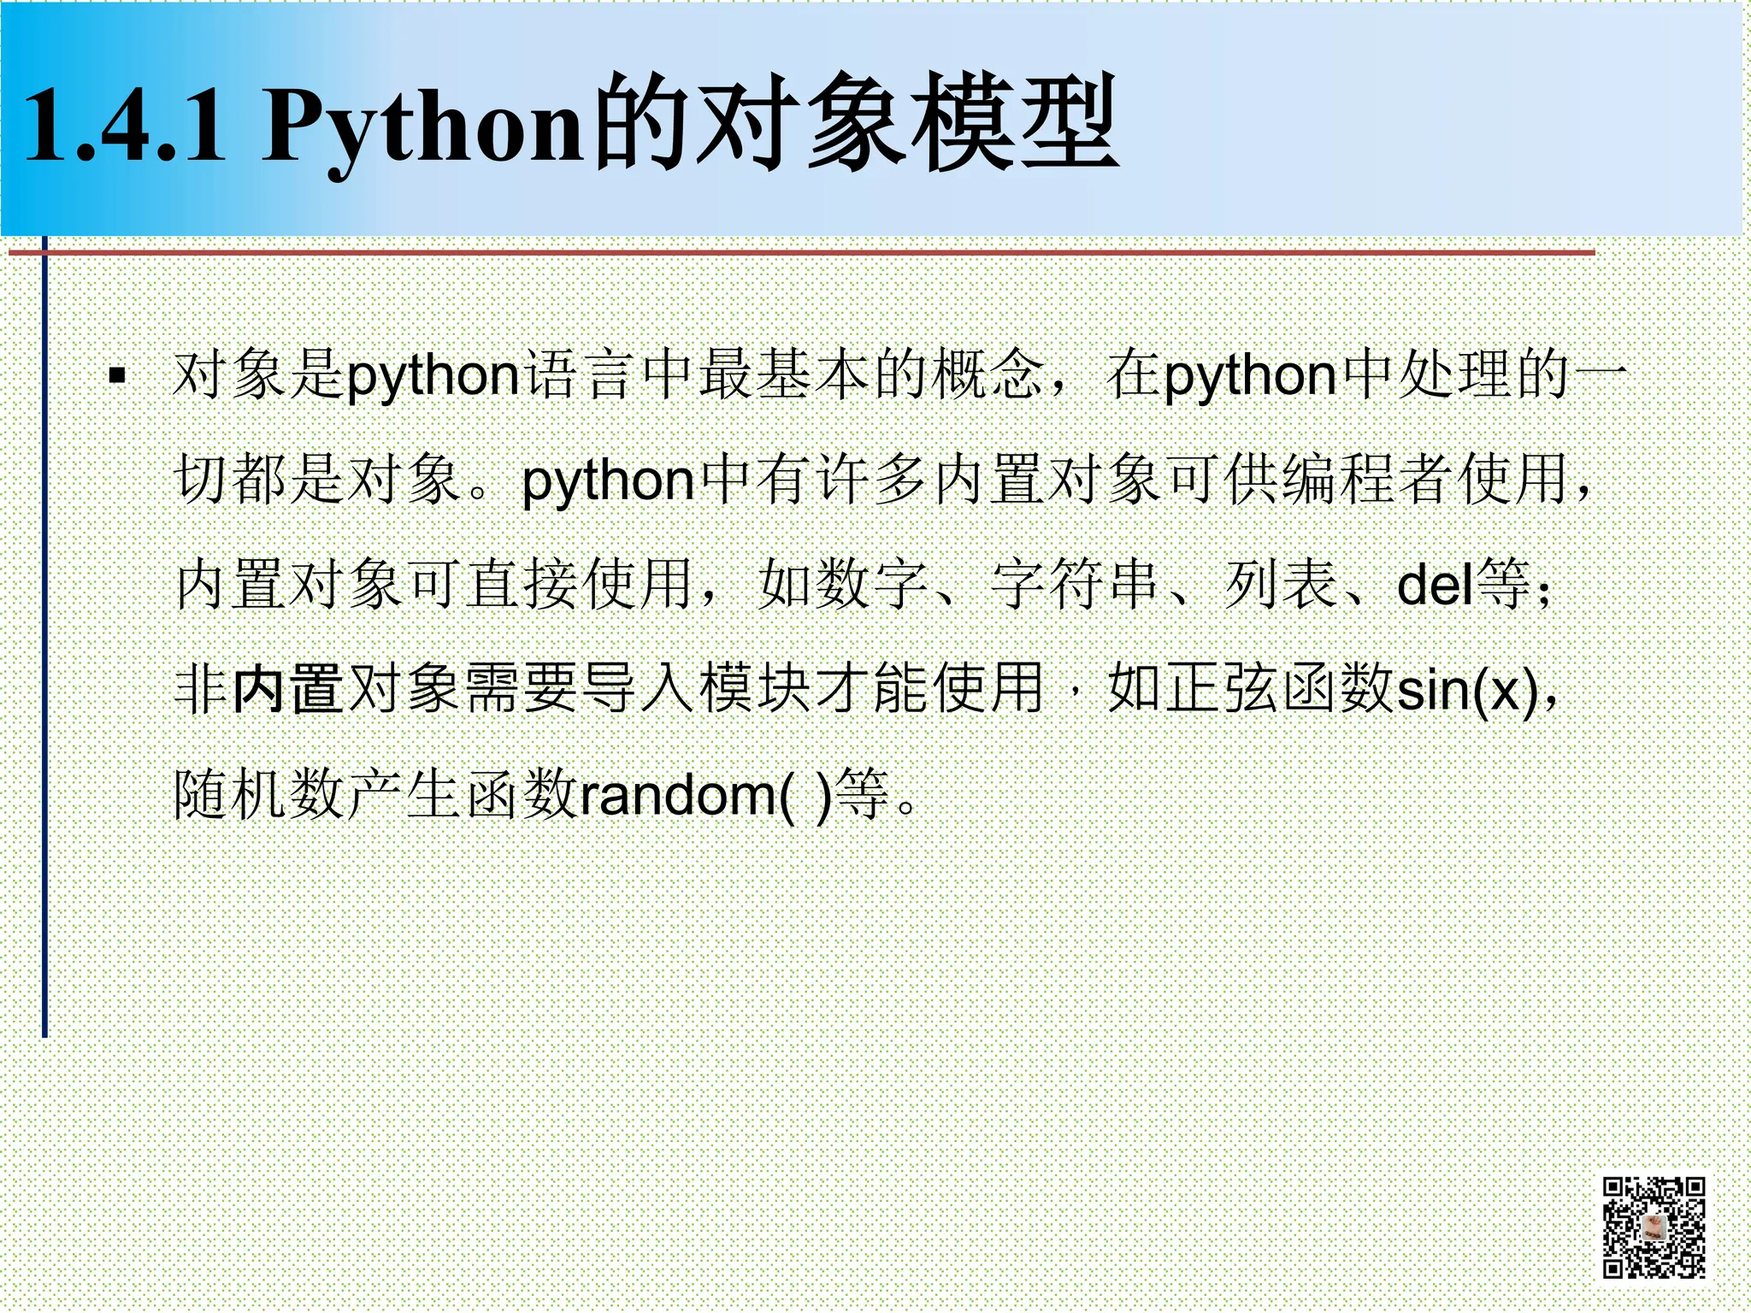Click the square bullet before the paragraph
point(118,374)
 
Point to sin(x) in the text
point(1466,690)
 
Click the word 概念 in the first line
point(988,374)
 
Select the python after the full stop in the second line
point(608,481)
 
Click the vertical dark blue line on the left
point(44,641)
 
